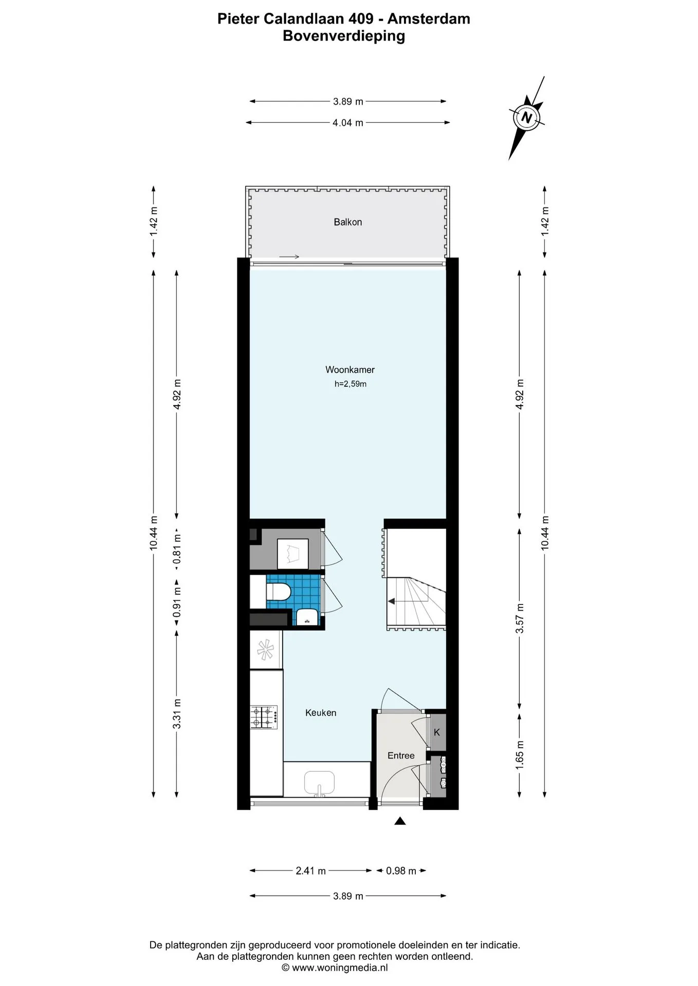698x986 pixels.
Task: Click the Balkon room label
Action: [347, 222]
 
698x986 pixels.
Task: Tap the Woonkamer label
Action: [350, 370]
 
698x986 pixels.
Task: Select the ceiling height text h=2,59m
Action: [350, 384]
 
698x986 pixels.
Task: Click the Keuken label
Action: [321, 713]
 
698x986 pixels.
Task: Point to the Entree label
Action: [401, 755]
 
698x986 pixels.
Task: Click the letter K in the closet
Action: [437, 732]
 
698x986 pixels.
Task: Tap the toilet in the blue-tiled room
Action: [278, 591]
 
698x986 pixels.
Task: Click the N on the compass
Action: [526, 117]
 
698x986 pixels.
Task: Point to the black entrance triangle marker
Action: [400, 821]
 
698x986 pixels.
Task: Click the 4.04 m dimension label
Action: [348, 123]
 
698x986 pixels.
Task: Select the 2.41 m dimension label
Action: [310, 870]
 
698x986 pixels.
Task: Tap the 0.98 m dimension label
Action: [401, 870]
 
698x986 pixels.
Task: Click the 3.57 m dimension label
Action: [520, 618]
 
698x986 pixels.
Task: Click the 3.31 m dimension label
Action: [177, 713]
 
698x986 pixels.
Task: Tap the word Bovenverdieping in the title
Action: [344, 36]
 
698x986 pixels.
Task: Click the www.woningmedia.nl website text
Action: [340, 968]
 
